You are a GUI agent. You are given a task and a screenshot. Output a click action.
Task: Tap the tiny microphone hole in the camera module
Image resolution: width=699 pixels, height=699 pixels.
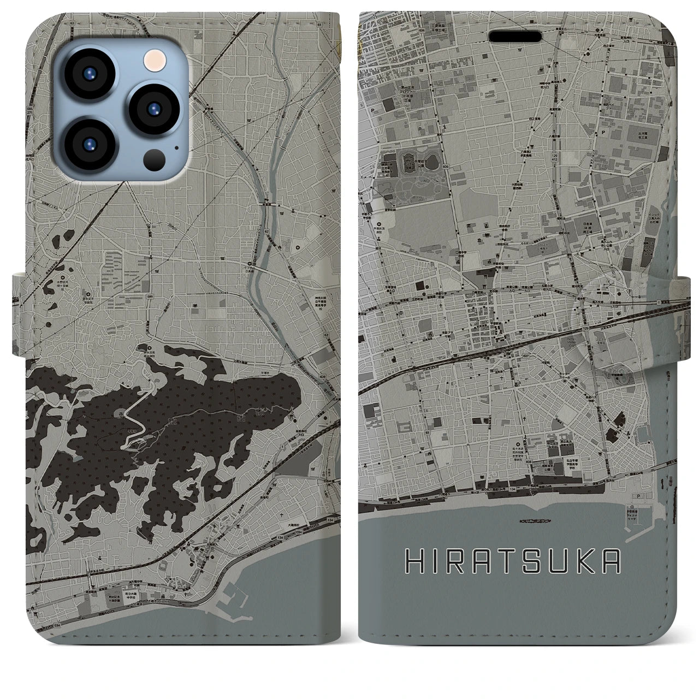(x=176, y=147)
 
